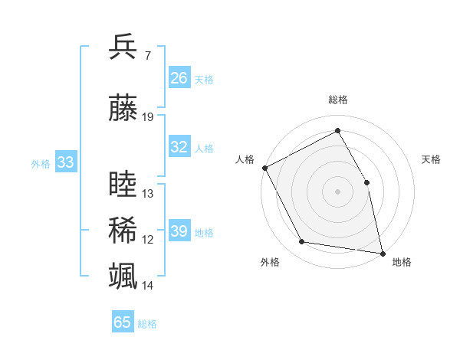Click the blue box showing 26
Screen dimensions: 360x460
(x=179, y=78)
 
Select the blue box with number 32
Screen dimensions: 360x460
(x=179, y=147)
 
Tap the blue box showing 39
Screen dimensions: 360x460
(x=179, y=231)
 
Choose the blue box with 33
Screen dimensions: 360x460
(x=65, y=162)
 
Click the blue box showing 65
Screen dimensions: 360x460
(x=123, y=322)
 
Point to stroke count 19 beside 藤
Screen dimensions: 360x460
(x=148, y=117)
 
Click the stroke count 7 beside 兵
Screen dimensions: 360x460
(x=147, y=55)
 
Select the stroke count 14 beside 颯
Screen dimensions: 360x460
(x=148, y=286)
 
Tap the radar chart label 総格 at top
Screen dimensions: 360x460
(x=338, y=100)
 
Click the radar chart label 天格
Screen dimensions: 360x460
(x=432, y=159)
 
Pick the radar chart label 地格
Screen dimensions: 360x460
(x=402, y=262)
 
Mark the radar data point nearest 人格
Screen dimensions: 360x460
(x=264, y=167)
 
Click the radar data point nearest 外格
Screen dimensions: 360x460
(x=302, y=242)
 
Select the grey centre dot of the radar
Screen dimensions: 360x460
(x=337, y=191)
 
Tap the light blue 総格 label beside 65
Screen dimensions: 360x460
(x=147, y=324)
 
